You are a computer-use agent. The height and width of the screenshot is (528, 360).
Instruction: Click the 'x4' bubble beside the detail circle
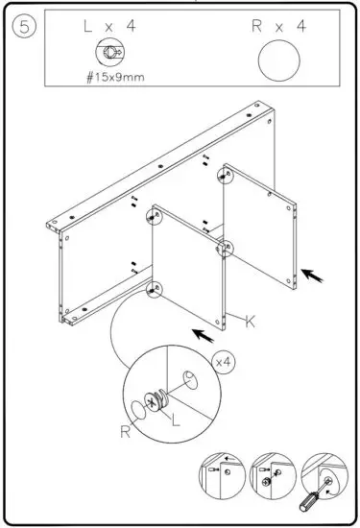coord(223,362)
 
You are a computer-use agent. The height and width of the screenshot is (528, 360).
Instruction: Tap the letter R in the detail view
coord(126,432)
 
